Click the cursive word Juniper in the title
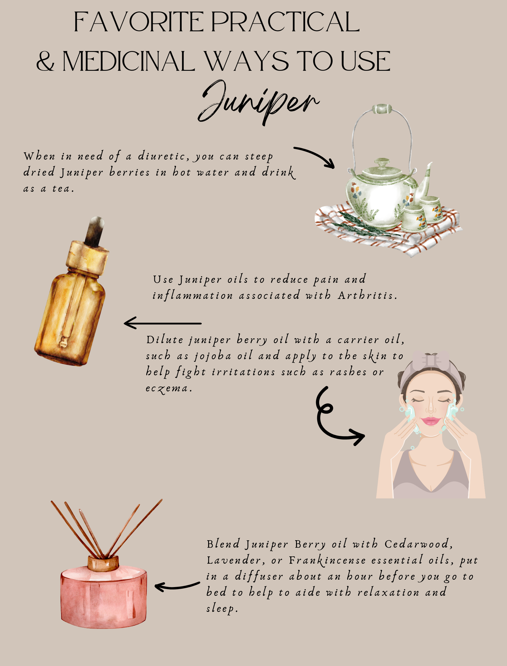tap(258, 103)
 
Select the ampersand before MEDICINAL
tap(45, 61)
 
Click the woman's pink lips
tap(431, 421)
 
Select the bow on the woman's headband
tap(431, 359)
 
